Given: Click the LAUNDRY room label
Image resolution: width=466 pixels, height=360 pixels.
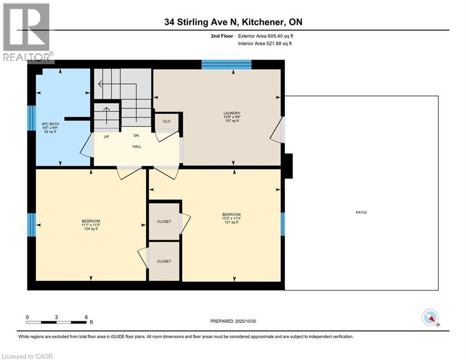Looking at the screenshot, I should point(232,113).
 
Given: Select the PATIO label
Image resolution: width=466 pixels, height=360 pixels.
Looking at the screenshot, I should point(361,212).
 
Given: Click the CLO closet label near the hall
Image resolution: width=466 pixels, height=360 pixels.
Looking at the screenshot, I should point(167,121).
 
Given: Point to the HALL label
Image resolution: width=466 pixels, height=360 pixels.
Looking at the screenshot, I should point(136,146).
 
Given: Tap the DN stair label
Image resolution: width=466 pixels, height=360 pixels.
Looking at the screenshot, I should point(136,135).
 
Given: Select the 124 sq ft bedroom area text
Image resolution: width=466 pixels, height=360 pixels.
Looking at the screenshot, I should point(90,229).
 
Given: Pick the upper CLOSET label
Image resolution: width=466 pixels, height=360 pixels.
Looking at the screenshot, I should point(164,221).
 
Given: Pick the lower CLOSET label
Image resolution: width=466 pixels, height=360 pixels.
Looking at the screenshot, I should point(164,261).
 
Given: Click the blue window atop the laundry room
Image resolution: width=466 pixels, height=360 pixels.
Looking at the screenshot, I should point(226,65).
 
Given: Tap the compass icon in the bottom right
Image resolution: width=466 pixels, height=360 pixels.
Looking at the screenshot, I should point(429,317).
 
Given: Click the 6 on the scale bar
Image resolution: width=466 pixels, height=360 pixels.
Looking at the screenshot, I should point(86,317).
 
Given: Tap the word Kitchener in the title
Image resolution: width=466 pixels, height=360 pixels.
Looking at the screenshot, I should point(255,22).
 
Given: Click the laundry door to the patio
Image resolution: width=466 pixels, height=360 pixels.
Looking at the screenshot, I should point(278,130).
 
